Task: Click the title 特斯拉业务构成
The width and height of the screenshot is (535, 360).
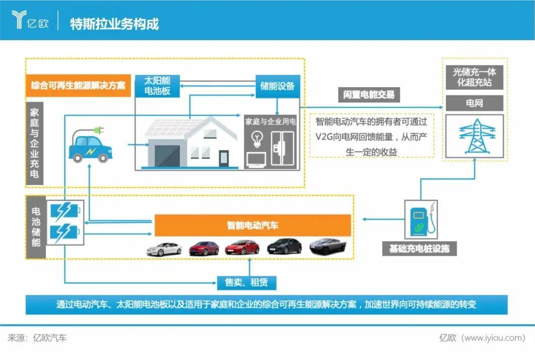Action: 115,24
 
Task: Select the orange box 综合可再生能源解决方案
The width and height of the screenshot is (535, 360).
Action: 78,85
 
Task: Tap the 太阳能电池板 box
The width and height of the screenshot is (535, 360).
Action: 157,86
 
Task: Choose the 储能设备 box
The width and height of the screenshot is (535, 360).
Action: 277,86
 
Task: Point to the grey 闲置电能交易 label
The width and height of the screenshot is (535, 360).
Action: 369,94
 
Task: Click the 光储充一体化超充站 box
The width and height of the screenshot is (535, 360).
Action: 475,77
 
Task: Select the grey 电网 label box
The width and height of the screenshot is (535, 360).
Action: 475,103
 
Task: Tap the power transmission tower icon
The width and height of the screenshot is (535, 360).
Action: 477,136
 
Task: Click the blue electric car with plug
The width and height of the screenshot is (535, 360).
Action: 90,145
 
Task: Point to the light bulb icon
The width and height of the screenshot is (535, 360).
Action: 257,140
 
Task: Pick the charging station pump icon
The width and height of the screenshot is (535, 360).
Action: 422,219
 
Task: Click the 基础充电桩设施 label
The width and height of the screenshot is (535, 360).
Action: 419,249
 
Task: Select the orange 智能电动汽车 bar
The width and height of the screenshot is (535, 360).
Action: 253,225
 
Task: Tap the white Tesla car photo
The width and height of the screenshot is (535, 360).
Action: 164,249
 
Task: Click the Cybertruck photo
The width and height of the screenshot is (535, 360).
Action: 328,246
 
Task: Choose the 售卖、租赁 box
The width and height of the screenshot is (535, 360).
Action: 246,283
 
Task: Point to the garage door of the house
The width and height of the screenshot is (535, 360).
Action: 167,156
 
